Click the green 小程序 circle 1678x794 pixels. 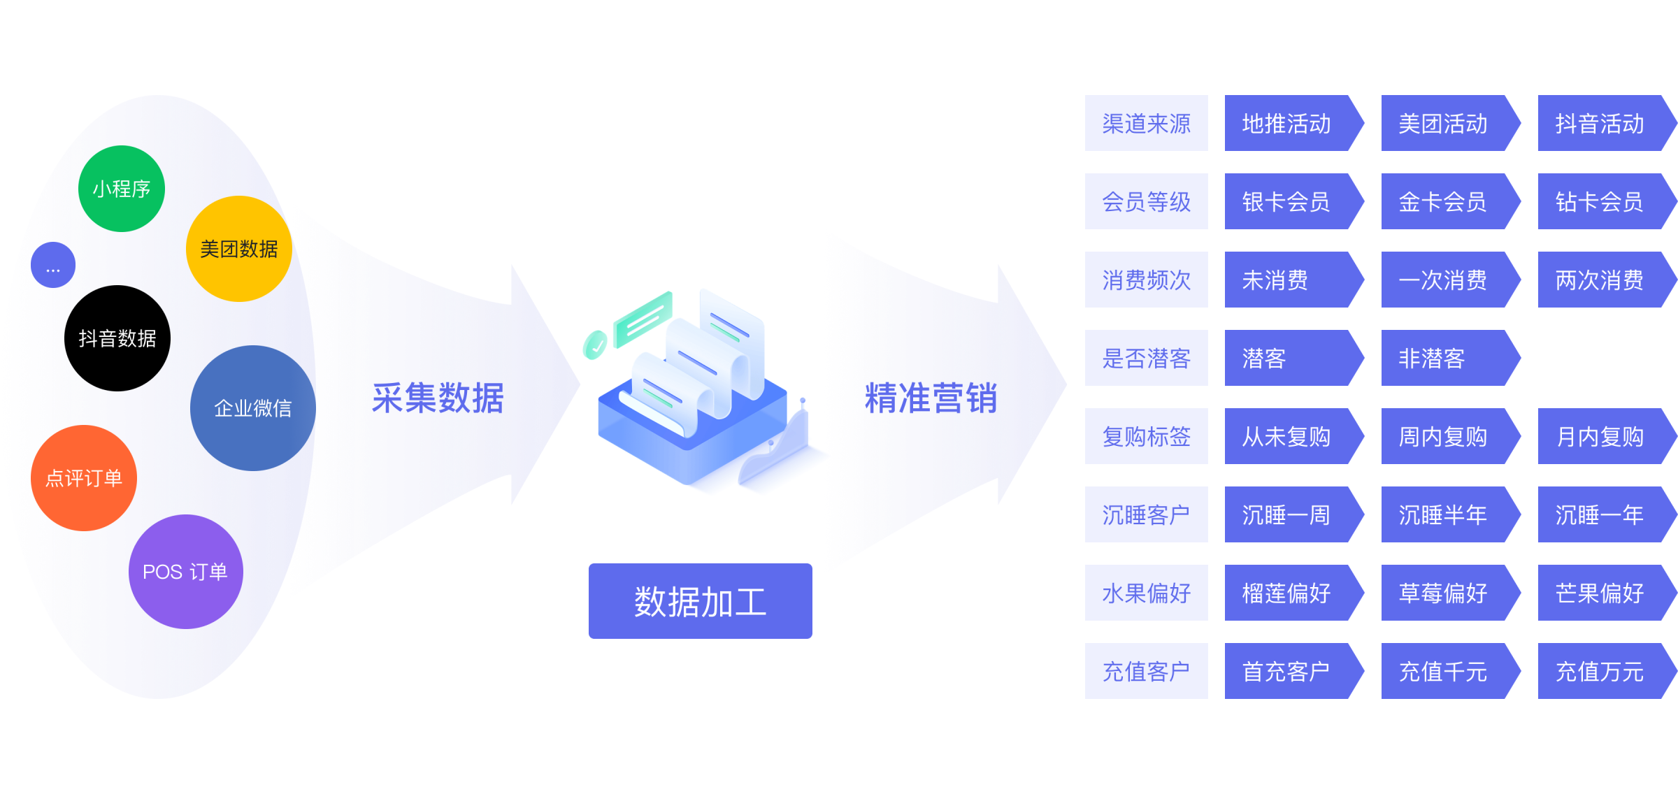(x=122, y=189)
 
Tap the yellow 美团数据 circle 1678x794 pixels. (x=238, y=249)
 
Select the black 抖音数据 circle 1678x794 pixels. (x=117, y=338)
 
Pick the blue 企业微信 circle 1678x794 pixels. (x=252, y=408)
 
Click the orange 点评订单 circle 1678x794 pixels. (x=84, y=478)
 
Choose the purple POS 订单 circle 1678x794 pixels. (x=185, y=572)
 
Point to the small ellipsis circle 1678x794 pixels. (x=53, y=266)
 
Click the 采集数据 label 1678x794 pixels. (x=438, y=398)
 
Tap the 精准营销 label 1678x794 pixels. (x=931, y=398)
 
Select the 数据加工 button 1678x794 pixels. (x=700, y=601)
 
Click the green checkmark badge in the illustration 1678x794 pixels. (x=595, y=345)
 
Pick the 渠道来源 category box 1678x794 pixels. (x=1146, y=124)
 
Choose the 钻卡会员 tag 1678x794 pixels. (x=1600, y=202)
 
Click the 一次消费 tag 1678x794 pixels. (x=1443, y=280)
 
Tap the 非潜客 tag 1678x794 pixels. (x=1443, y=359)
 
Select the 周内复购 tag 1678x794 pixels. (x=1443, y=437)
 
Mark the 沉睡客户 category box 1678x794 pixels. (x=1146, y=515)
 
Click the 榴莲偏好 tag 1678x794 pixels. (x=1286, y=593)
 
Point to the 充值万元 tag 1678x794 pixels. (x=1600, y=672)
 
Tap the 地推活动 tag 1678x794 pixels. (x=1286, y=124)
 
